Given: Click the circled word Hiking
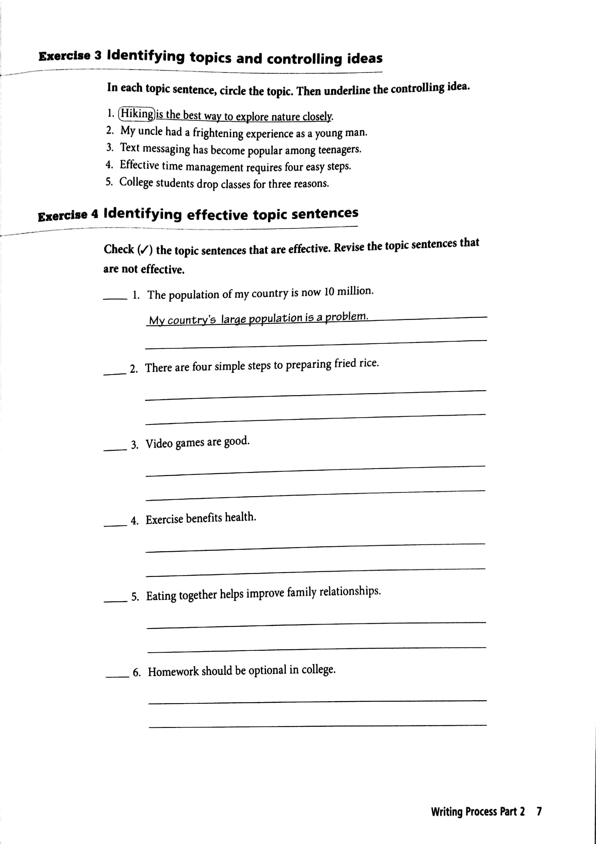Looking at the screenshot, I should point(137,114).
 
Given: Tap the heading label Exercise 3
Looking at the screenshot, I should point(70,56).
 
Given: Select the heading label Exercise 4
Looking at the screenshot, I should point(68,215).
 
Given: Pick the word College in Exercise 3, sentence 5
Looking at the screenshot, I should point(136,182).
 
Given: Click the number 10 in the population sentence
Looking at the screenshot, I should point(329,292).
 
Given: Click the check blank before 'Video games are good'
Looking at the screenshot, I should point(115,449).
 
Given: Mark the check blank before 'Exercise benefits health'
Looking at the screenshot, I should point(115,525).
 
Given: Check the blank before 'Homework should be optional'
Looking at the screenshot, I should point(117,676).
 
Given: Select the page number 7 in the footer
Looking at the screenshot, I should point(539,811).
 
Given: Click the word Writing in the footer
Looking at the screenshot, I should point(446,812).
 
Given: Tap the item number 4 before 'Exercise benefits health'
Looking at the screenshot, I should point(134,521).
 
